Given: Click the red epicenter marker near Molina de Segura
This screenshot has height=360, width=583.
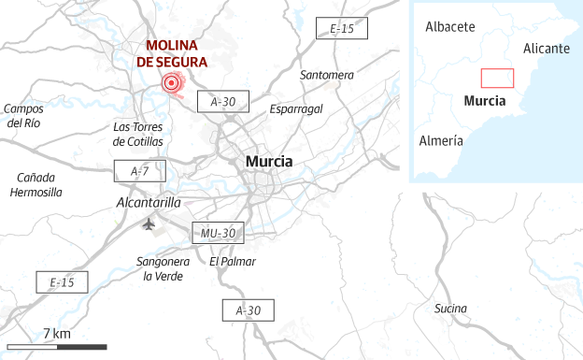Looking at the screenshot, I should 171,84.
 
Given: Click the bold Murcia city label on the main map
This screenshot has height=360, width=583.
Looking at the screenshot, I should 268,162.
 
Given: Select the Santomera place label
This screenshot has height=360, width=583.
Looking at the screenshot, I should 327,74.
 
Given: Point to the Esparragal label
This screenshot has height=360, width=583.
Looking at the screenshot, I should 295,108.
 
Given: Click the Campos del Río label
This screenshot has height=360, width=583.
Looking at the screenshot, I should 23,115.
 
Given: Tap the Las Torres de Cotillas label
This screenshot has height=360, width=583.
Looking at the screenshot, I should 138,134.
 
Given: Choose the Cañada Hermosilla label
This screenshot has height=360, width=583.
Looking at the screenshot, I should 36,184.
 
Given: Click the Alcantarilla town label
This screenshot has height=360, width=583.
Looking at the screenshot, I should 149,202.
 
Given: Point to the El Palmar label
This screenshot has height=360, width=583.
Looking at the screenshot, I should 232,262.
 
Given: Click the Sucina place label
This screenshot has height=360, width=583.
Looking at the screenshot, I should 451,309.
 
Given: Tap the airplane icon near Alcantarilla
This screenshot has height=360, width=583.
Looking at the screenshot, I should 148,223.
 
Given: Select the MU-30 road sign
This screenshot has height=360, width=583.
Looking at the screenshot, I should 219,233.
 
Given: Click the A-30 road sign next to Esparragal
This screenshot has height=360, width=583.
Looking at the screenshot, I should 223,102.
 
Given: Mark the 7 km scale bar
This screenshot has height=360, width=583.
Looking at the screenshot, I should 56,347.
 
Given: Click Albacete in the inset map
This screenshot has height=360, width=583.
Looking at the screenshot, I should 450,26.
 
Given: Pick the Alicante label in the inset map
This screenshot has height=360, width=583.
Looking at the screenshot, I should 547,48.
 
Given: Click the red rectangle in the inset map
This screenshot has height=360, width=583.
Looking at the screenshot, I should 498,79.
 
